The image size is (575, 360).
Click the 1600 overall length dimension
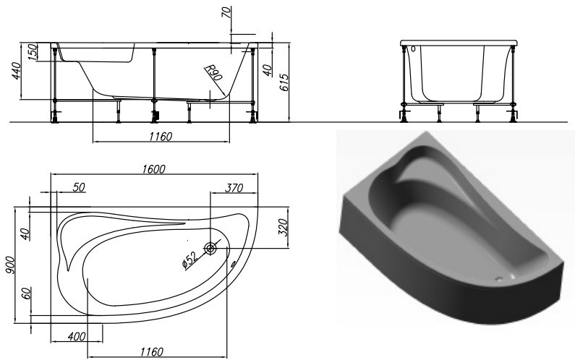[154, 168]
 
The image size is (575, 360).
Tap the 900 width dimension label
[10, 265]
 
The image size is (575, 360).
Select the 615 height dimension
[284, 82]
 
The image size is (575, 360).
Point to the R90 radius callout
[213, 73]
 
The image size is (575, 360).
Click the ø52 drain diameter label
[189, 260]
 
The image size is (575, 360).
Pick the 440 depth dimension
[17, 71]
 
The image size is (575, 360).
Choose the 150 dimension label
[33, 52]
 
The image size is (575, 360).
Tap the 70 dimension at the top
[226, 12]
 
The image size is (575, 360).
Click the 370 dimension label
[234, 188]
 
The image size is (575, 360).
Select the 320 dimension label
[283, 227]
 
